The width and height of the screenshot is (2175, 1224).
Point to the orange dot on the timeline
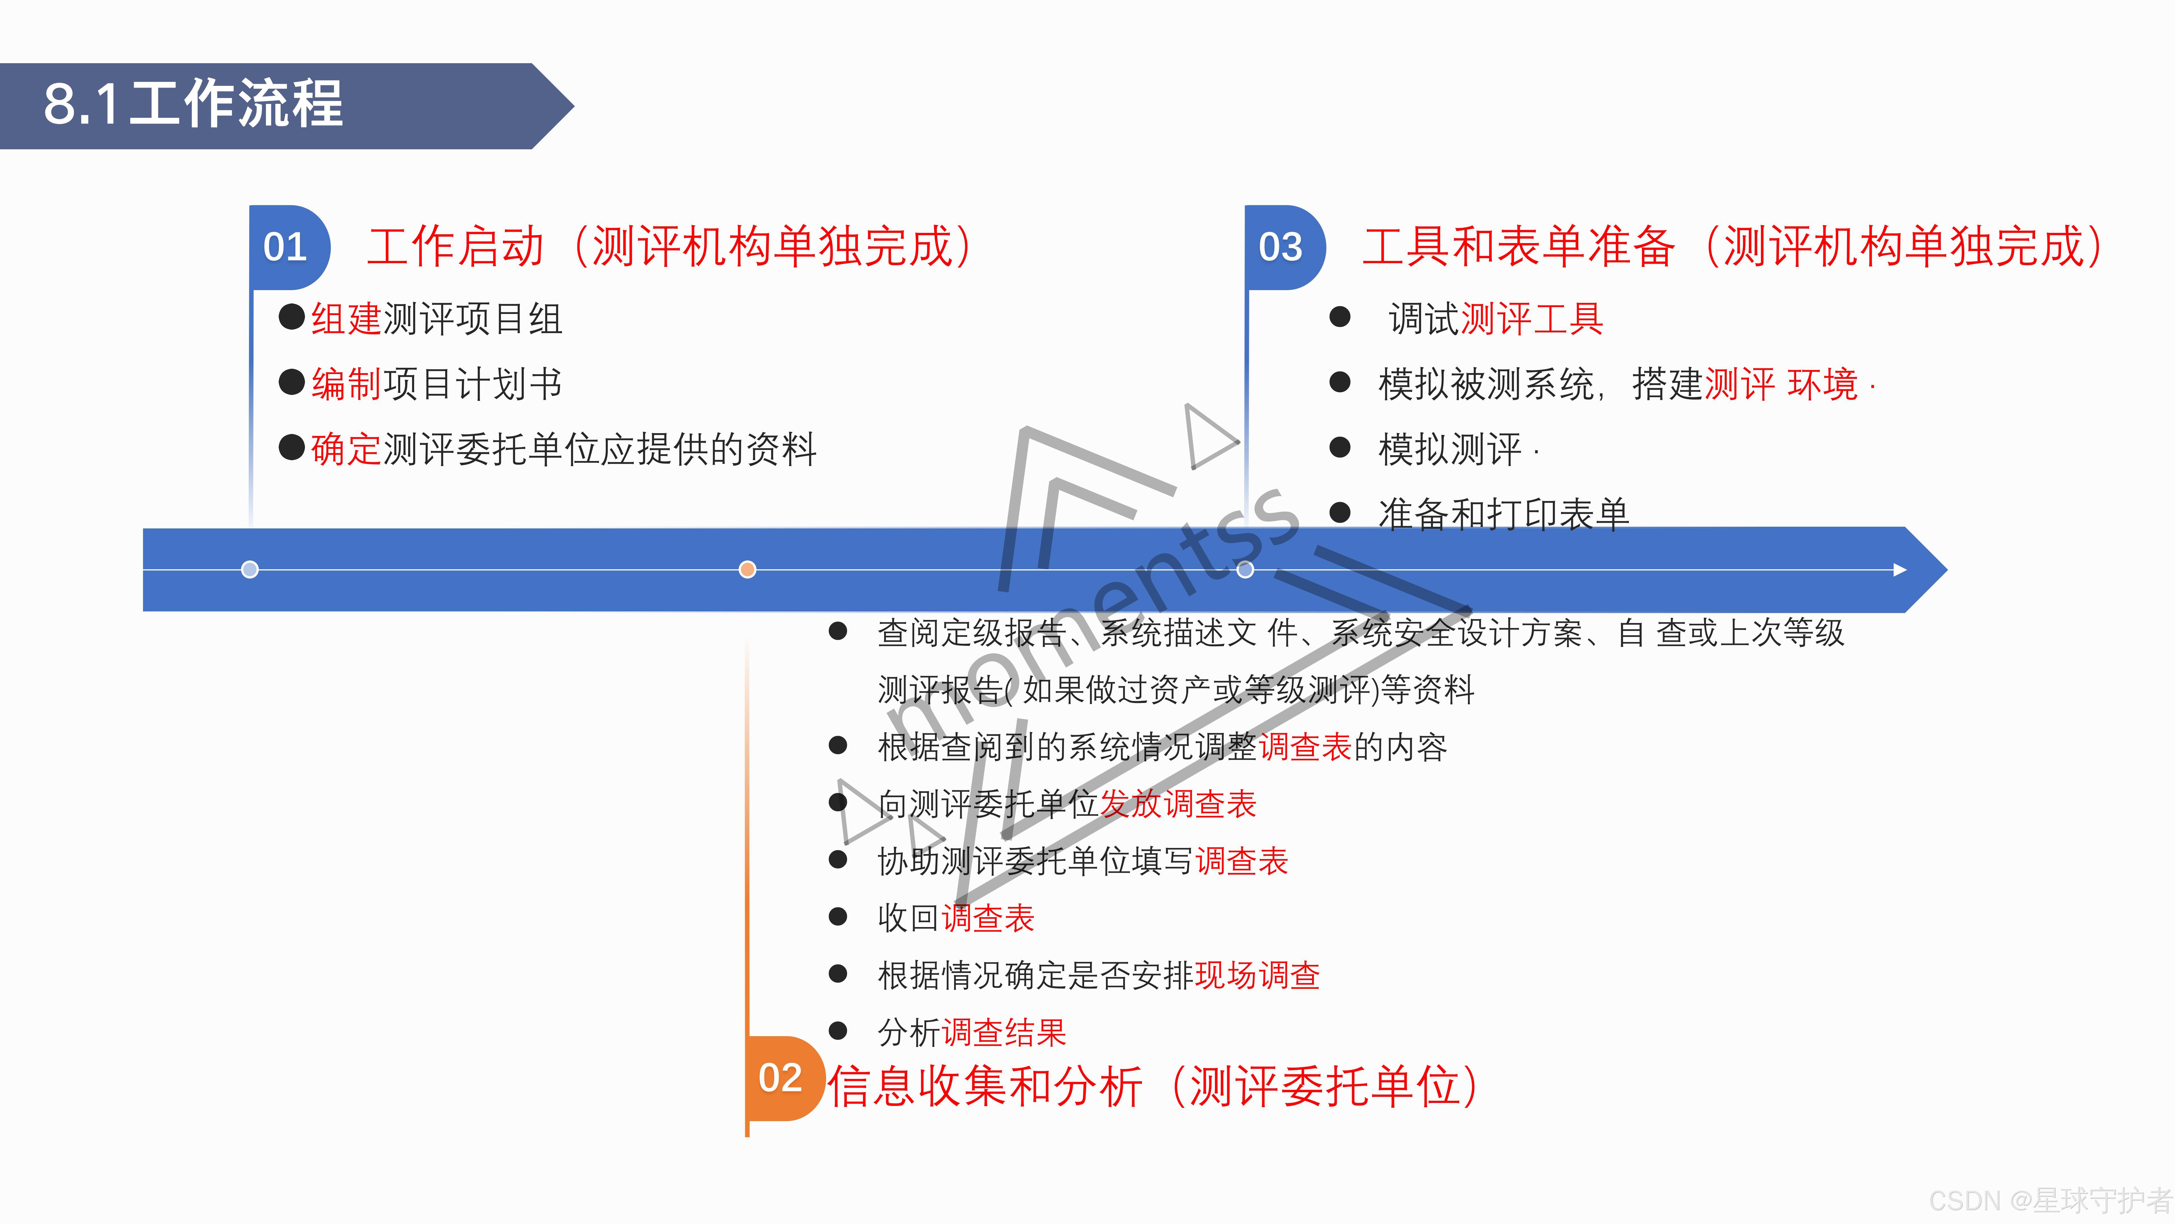pos(747,569)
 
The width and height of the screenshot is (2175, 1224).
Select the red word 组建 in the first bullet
pos(346,319)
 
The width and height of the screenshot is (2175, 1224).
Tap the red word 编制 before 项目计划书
pos(346,384)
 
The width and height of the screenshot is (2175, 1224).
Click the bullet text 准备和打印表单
pos(1503,514)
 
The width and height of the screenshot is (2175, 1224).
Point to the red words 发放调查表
pos(1178,804)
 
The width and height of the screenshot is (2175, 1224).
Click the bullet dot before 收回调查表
pos(838,917)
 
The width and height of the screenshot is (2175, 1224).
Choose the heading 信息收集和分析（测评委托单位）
pos(1153,1086)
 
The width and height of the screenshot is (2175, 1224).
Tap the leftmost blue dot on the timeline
pos(250,569)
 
